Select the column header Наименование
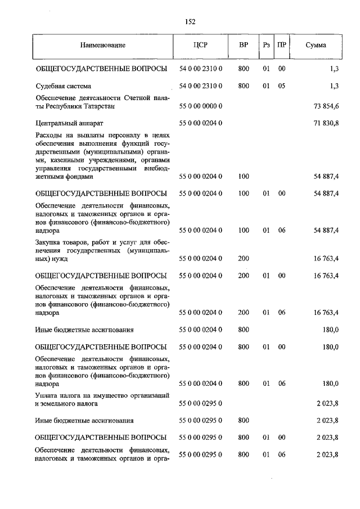coord(103,45)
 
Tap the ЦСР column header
coord(201,45)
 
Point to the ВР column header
coord(244,45)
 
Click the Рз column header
coord(266,45)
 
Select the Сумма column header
coord(316,45)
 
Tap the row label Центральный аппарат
coord(69,122)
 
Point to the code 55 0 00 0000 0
coord(201,106)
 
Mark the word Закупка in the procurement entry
coord(48,243)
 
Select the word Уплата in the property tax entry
coord(47,396)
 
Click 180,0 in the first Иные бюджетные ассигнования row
coord(330,330)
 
